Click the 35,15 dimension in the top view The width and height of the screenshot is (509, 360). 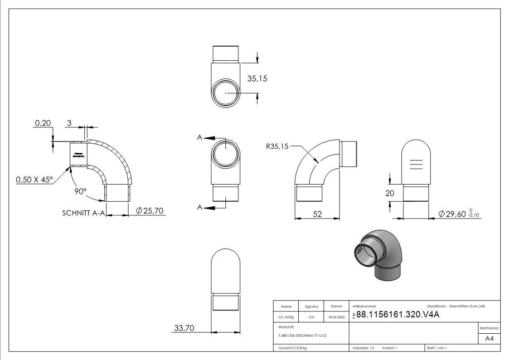coord(257,78)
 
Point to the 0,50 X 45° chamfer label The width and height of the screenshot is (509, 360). coord(34,180)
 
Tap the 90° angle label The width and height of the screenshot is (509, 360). coord(81,191)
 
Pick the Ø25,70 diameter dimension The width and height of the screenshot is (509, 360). coord(150,211)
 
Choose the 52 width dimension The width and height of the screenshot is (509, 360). coord(317,214)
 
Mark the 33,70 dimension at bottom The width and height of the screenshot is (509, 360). coord(184,328)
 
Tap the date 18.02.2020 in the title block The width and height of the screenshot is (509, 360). coord(336,317)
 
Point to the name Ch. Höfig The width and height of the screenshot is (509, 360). coord(286,317)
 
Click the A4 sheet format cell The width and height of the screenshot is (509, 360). coord(489,338)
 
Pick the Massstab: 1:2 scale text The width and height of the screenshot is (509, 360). coord(364,348)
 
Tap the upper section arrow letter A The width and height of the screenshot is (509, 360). coord(199,137)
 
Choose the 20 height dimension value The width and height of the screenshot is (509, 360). coord(390,193)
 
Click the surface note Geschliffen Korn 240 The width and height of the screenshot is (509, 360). coord(467,306)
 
